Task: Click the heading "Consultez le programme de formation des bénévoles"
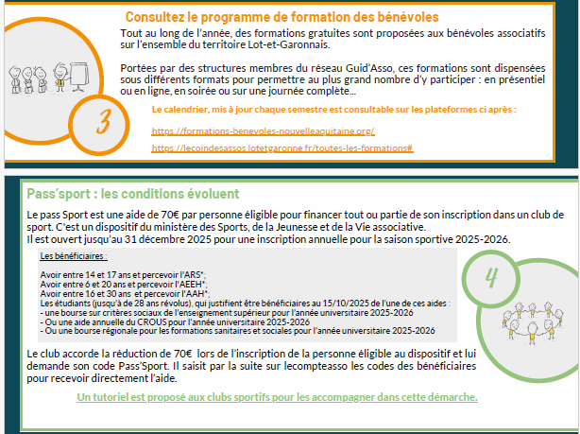coord(295,17)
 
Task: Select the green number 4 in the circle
coord(491,278)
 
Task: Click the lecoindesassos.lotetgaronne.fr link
coord(281,148)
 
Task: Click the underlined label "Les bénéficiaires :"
coord(74,256)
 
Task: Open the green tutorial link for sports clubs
coord(277,396)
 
